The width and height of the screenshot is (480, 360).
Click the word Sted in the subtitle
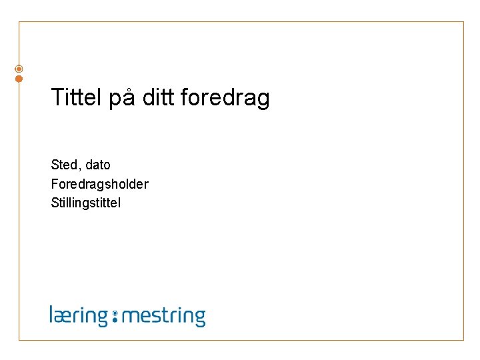coord(63,165)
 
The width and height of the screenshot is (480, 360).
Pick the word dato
coord(98,165)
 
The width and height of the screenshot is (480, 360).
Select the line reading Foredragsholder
coord(99,184)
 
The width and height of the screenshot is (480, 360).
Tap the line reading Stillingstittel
coord(86,203)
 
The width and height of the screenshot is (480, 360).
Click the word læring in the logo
coord(79,315)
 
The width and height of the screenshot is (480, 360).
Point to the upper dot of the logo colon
coord(115,312)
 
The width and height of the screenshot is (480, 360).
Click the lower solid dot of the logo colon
coord(115,320)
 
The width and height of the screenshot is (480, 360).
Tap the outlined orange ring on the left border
coord(19,69)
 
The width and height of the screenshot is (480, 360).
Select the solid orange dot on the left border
coord(19,79)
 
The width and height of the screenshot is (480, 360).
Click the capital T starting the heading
coord(57,98)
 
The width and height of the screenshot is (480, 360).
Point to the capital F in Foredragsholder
coord(55,184)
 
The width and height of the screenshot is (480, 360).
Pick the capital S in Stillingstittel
coord(55,203)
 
